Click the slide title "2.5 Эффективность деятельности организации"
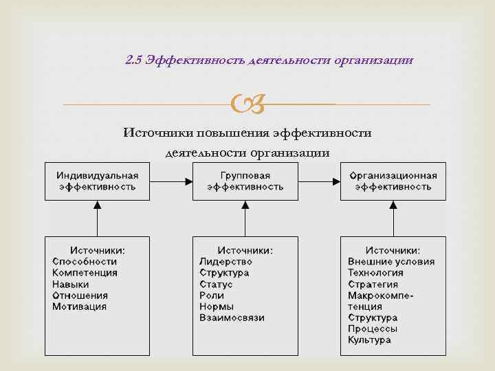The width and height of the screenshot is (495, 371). [x=269, y=60]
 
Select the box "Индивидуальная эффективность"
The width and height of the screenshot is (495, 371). [x=97, y=181]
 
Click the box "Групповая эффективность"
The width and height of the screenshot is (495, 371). [x=245, y=181]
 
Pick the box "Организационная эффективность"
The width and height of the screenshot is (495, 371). [x=393, y=181]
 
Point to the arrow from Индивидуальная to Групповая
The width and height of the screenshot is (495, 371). [x=171, y=181]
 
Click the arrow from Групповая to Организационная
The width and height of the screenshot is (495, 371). [x=320, y=181]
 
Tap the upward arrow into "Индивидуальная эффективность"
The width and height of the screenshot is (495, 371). [x=97, y=218]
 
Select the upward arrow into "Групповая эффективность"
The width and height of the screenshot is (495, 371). [x=245, y=218]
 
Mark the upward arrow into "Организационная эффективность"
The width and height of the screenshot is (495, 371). [x=393, y=218]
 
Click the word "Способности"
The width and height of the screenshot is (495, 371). [x=85, y=262]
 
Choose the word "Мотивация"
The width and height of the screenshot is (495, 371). [x=80, y=306]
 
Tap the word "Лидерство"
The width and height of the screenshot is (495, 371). [x=225, y=262]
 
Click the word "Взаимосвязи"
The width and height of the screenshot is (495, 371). [x=232, y=318]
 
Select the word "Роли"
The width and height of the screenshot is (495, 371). [x=212, y=295]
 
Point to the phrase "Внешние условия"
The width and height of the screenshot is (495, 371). [x=391, y=262]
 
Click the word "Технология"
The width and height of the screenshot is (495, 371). [x=375, y=273]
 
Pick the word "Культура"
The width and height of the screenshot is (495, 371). [x=370, y=340]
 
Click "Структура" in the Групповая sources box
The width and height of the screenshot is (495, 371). [x=224, y=273]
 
